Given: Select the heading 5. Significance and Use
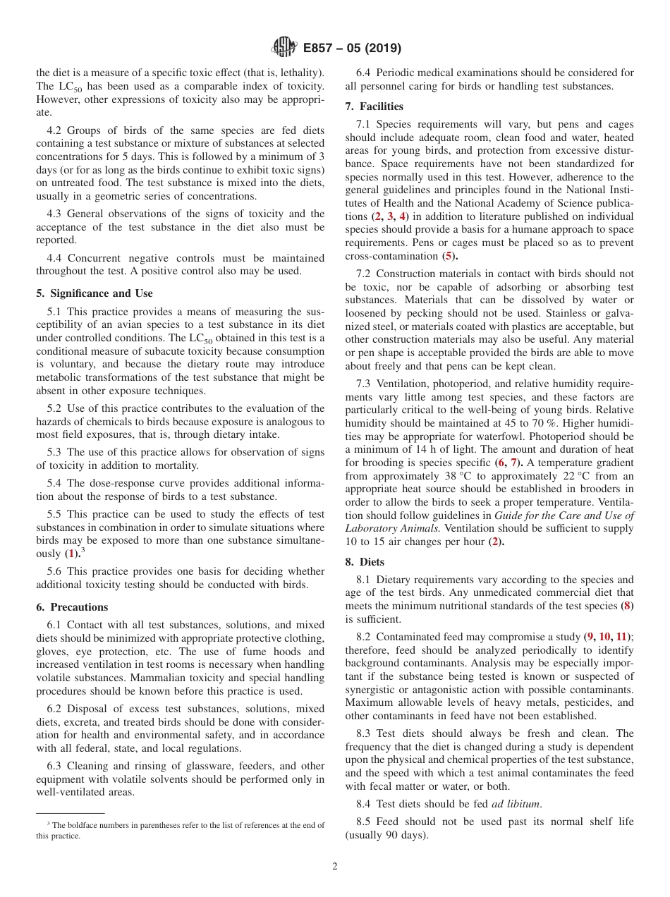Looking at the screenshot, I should coord(94,293).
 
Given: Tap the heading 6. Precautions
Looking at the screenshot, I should coord(72,607).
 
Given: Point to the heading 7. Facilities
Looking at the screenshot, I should coord(374,106).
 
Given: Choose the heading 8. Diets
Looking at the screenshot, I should coord(365,562).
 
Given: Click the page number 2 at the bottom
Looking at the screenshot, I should coord(335,867).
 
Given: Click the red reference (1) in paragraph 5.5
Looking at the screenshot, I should coord(71,554).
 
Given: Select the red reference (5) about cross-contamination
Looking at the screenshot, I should coord(449,256).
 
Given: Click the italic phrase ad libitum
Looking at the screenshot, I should coord(517,804).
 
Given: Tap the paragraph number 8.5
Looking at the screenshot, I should coord(365,822).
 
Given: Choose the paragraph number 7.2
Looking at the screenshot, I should coord(365,274).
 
